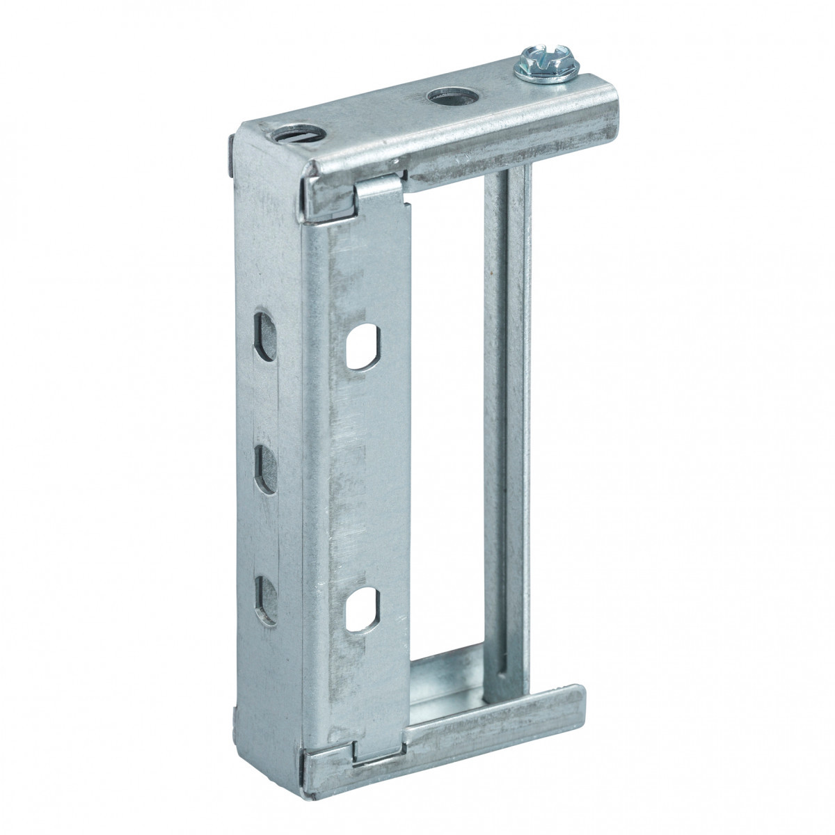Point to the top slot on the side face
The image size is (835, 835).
[265, 337]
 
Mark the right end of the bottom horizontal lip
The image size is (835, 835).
[575, 703]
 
